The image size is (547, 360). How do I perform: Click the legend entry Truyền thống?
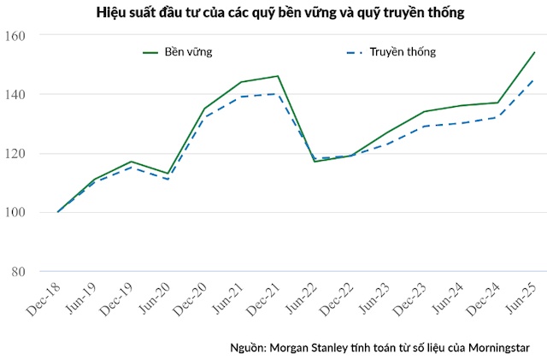403,52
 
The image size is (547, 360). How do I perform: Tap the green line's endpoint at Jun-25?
535,52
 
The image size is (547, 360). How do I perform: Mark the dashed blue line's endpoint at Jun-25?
535,80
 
